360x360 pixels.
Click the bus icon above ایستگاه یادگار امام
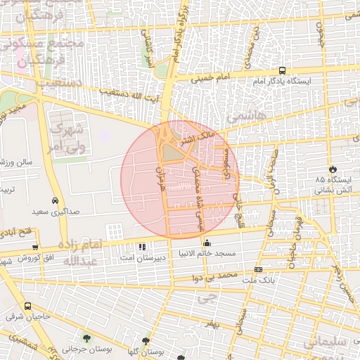[x=282, y=70]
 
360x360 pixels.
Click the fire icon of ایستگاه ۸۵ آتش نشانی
[x=333, y=169]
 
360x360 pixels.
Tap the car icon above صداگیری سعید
[x=54, y=200]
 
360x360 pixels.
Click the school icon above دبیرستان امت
[x=143, y=247]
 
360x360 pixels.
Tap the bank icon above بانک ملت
[x=258, y=269]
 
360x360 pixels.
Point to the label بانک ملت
[x=258, y=280]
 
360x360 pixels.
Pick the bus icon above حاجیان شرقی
[x=28, y=307]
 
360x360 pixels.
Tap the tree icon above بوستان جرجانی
[x=86, y=338]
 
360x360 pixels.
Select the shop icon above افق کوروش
[x=35, y=247]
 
